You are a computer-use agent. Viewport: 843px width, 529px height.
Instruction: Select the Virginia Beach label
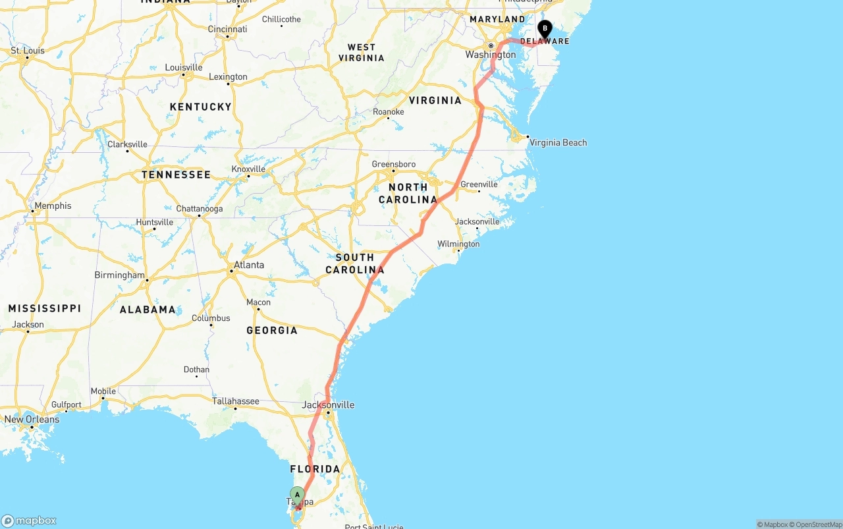click(x=558, y=142)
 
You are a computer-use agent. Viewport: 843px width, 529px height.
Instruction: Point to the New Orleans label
click(x=32, y=419)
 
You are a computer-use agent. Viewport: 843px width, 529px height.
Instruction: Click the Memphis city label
click(x=53, y=206)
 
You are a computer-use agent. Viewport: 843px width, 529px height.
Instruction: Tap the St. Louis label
click(x=28, y=51)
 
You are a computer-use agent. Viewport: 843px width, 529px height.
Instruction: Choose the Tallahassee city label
click(x=235, y=401)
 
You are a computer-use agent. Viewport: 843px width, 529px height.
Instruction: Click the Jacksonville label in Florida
click(x=328, y=404)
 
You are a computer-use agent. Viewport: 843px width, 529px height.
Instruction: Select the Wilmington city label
click(x=458, y=244)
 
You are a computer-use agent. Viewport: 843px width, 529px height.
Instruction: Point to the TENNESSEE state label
click(x=176, y=175)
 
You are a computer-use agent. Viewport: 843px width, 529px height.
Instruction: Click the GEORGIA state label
click(x=272, y=330)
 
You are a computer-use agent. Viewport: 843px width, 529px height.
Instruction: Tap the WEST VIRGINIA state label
click(x=362, y=52)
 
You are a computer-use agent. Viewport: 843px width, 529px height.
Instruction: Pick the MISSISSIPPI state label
click(x=45, y=308)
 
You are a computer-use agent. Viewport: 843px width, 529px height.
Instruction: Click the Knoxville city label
click(x=248, y=169)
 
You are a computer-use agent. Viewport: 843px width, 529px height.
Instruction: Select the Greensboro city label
click(x=393, y=164)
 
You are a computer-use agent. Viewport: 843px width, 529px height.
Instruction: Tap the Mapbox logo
click(x=29, y=520)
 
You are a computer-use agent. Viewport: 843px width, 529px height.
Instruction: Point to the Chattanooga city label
click(x=199, y=209)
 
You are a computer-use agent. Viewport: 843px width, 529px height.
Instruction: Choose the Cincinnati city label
click(x=227, y=29)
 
